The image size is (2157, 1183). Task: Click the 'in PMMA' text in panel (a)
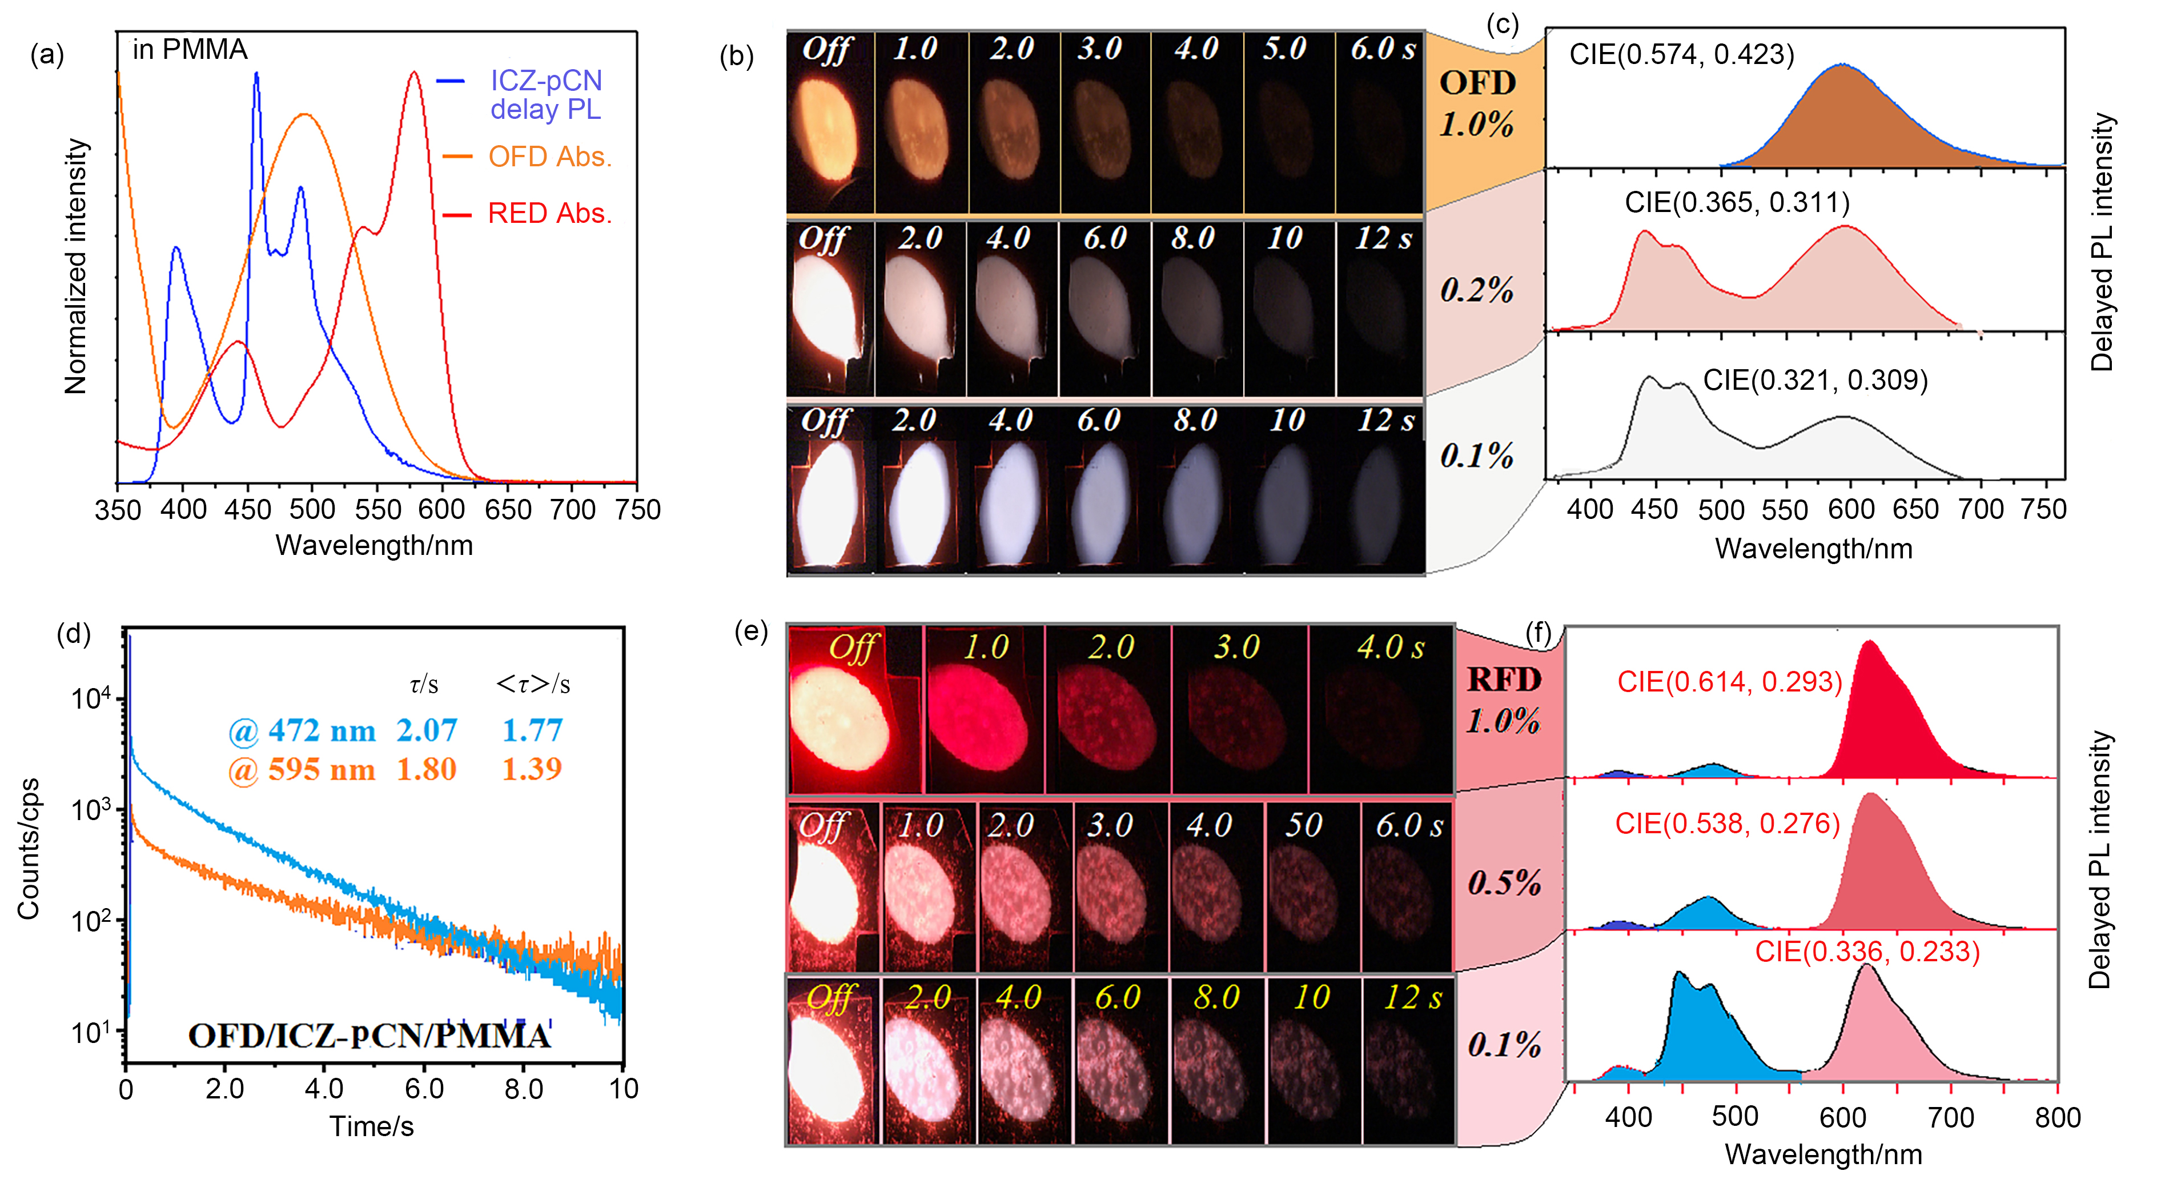point(190,50)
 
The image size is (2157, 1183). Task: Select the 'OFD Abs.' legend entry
point(549,157)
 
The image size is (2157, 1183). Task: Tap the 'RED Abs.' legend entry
point(549,214)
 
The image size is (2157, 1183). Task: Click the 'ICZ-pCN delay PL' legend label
point(545,95)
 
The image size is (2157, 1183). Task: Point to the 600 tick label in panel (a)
point(441,509)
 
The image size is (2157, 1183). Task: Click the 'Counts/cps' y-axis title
point(29,848)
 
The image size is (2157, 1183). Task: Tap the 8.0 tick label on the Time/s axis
point(523,1089)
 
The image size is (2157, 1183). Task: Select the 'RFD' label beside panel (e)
point(1504,680)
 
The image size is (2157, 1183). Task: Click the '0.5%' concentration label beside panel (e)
point(1504,882)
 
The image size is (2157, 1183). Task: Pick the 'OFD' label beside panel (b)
point(1477,83)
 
